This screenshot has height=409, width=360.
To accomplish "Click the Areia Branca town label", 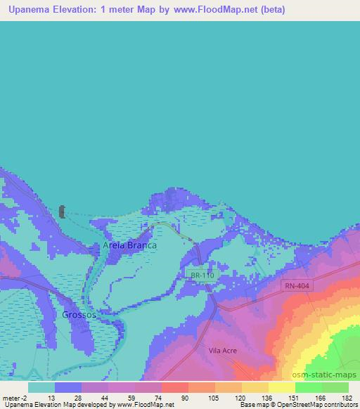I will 129,246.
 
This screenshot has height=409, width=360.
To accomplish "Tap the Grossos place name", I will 78,315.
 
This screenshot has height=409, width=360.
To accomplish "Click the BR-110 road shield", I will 202,275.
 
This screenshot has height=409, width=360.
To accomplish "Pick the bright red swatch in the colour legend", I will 174,387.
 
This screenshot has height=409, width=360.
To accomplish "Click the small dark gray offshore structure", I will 61,212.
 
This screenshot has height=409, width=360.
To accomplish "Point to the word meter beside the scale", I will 11,397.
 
